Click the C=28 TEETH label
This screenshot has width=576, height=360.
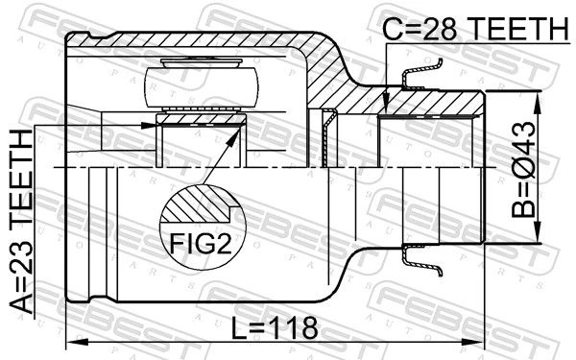click(x=476, y=29)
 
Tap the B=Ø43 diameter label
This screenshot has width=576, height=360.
click(x=524, y=169)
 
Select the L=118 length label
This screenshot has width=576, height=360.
click(x=275, y=328)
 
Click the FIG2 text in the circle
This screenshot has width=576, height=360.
click(x=201, y=244)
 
